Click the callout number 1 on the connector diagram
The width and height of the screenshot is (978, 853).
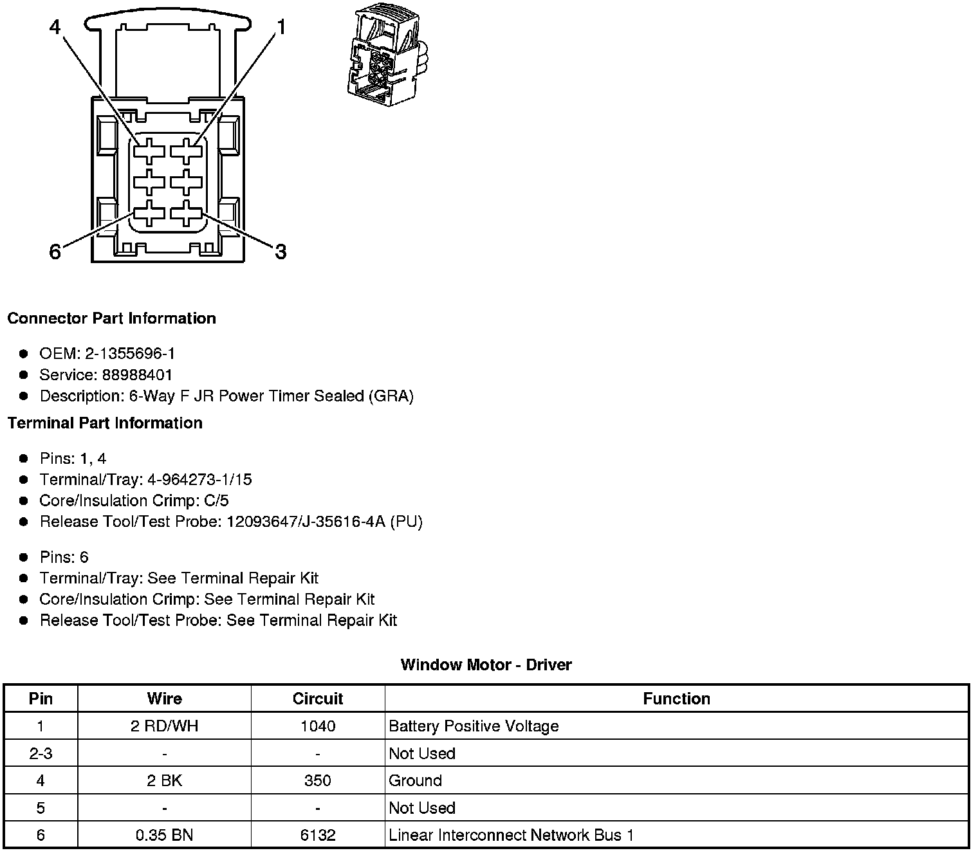coord(281,26)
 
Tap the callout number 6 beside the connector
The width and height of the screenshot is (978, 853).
coord(55,252)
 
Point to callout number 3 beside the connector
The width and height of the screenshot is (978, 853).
coord(281,252)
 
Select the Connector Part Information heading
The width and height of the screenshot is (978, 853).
coord(111,318)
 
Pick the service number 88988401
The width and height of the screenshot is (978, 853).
coord(137,375)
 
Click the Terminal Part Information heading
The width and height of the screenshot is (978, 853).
coord(105,423)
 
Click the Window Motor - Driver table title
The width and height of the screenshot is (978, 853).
coord(486,665)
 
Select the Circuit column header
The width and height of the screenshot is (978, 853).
coord(318,699)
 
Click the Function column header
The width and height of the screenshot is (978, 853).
coord(676,699)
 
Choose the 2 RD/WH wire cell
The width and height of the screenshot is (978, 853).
coord(164,726)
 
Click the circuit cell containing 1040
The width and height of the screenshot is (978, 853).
coord(318,726)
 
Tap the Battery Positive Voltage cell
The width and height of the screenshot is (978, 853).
coord(474,726)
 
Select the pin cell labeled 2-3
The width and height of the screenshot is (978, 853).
coord(41,753)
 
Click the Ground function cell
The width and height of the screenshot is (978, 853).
coord(416,781)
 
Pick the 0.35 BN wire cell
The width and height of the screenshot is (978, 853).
coord(164,835)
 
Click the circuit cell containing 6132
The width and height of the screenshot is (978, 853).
coord(318,835)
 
